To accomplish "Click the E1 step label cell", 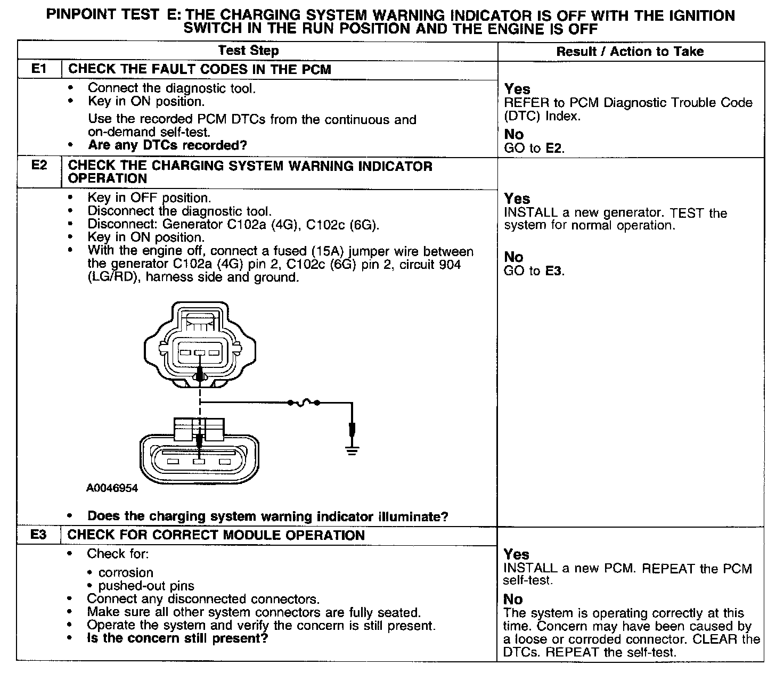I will click(x=39, y=69).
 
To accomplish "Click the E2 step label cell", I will click(x=39, y=165).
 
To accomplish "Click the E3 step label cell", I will click(x=39, y=535).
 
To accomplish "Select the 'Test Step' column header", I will click(x=249, y=51).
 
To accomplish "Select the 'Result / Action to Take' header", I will click(x=630, y=52).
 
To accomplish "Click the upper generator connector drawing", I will click(x=200, y=346).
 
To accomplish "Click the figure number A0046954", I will click(x=112, y=488).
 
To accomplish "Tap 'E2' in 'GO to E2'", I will click(x=554, y=149).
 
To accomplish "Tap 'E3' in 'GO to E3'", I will click(x=554, y=271).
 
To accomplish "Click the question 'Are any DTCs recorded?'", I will click(x=167, y=145).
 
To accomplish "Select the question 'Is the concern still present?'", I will click(x=177, y=638).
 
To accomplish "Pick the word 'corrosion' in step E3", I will click(x=126, y=572).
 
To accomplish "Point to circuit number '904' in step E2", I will click(x=450, y=264).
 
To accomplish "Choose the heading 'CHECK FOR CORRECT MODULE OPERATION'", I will click(x=216, y=535).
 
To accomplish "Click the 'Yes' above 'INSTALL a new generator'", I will click(x=517, y=199).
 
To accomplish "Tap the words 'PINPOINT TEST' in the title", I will click(x=102, y=15).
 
